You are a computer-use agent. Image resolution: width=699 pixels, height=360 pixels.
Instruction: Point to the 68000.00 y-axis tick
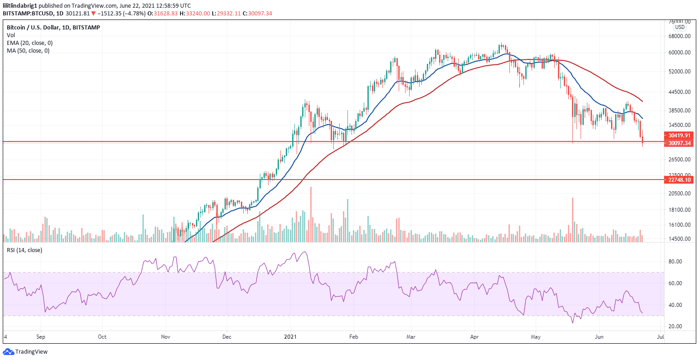679,36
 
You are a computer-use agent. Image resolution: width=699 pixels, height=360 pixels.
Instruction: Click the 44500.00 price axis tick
679,92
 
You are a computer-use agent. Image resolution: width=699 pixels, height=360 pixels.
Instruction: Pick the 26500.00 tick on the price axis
679,160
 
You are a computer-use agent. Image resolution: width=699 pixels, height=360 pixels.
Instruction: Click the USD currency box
680,27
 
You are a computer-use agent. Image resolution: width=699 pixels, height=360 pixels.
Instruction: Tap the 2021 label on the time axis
290,337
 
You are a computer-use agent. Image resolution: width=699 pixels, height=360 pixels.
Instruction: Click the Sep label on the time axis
41,337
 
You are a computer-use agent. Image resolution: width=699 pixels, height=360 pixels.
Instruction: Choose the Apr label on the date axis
474,337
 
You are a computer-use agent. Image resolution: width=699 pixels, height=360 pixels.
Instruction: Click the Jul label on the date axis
660,337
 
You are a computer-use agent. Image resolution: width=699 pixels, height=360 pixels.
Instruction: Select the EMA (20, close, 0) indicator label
29,43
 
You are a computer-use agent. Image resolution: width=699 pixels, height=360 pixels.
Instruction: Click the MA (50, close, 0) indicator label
28,51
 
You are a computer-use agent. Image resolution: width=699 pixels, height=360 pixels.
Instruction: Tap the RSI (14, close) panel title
24,250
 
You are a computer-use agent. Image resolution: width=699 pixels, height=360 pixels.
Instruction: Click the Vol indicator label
10,35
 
